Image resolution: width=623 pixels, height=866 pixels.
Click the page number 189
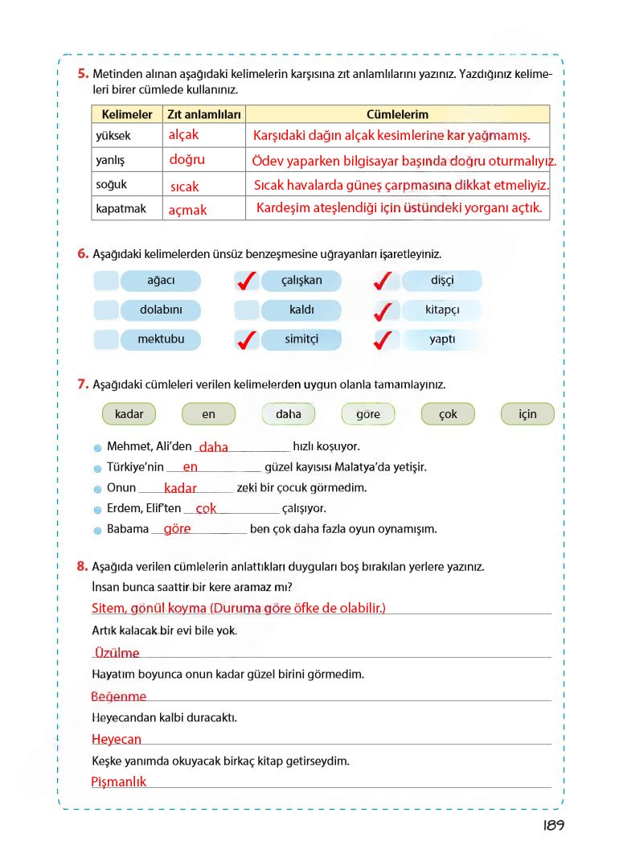pos(553,826)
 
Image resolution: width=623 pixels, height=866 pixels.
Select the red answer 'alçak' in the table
pos(183,135)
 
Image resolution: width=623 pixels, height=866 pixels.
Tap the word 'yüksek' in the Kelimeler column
pos(113,136)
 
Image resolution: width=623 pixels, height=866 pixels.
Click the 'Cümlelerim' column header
pos(397,115)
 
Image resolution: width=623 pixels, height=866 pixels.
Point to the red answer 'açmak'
pos(187,210)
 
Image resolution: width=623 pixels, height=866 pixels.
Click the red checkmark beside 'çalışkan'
pos(247,281)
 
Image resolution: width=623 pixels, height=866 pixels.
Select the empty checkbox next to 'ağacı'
pos(105,281)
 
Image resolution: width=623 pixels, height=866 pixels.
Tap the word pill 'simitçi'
pos(301,339)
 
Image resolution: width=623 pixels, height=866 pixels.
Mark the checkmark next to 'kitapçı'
pos(386,310)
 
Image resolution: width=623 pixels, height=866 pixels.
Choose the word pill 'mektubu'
pos(161,339)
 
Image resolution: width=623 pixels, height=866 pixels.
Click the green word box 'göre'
pos(367,414)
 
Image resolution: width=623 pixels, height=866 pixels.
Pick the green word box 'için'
pos(527,414)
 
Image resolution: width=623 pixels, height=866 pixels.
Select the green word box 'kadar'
pos(129,414)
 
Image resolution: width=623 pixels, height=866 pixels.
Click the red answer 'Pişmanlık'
pos(119,782)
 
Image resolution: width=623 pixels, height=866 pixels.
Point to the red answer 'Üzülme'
pos(116,653)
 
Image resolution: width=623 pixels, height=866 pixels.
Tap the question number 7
pos(83,384)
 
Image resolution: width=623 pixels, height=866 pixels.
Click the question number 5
pos(83,74)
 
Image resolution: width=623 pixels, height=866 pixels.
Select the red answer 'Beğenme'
pos(119,696)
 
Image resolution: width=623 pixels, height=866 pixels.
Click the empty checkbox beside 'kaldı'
pos(246,310)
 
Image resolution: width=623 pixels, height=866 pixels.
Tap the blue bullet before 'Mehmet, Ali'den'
pos(97,447)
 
